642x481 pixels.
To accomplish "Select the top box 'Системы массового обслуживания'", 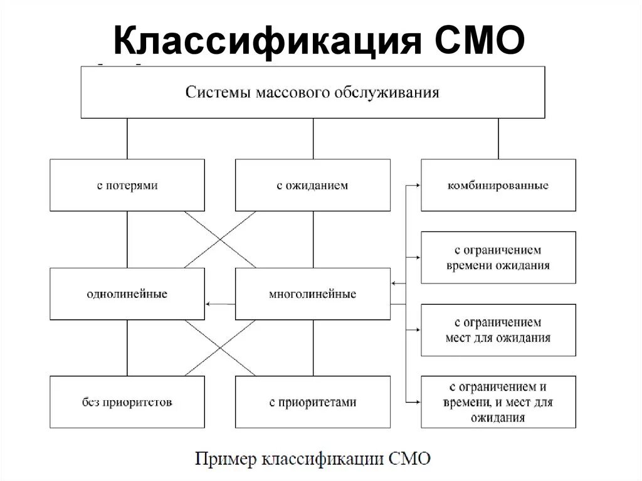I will pos(312,92).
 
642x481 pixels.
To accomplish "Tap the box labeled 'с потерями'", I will pos(127,185).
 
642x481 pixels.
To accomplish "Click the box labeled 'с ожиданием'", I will pos(312,185).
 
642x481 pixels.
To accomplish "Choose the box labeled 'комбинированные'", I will pos(498,185).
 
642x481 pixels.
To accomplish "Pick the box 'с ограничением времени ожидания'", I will pos(498,257).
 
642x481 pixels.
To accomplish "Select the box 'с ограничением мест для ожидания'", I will pos(498,330).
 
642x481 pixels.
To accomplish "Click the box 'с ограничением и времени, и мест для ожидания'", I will pos(498,401).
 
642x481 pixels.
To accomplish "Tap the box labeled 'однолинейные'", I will pos(127,293).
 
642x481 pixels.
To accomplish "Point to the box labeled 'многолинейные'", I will pos(312,293).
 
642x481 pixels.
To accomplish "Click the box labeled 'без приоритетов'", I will pos(127,402).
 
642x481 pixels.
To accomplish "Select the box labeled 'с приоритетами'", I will pos(312,402).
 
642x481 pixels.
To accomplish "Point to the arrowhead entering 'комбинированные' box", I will pos(417,186).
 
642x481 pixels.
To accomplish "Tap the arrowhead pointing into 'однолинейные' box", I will pos(209,304).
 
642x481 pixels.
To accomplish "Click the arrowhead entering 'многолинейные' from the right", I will pos(394,284).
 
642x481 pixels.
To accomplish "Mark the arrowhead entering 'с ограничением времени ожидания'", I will pos(417,257).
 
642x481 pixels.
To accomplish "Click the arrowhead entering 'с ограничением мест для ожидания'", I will pos(417,329).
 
